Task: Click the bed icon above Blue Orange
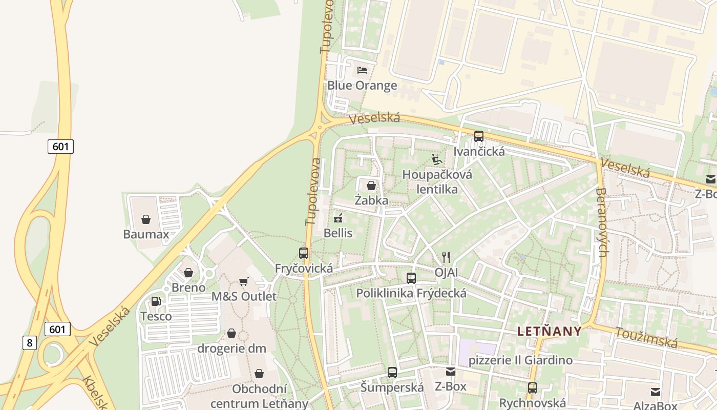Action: pyautogui.click(x=362, y=70)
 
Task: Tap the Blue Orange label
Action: pyautogui.click(x=362, y=85)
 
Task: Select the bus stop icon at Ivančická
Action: pyautogui.click(x=479, y=136)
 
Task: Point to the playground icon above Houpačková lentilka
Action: pyautogui.click(x=436, y=159)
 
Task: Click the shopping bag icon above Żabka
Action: pyautogui.click(x=371, y=185)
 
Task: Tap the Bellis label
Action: pyautogui.click(x=338, y=233)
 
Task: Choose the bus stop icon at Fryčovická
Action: pyautogui.click(x=304, y=253)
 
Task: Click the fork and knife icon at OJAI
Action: pyautogui.click(x=446, y=257)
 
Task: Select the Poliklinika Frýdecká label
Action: pyautogui.click(x=411, y=293)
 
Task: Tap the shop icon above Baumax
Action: pyautogui.click(x=146, y=219)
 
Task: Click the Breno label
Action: pyautogui.click(x=188, y=287)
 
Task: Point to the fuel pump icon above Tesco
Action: pyautogui.click(x=156, y=301)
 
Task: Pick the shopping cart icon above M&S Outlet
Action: pyautogui.click(x=244, y=281)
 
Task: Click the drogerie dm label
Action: pyautogui.click(x=232, y=348)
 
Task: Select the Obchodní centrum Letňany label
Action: pyautogui.click(x=259, y=396)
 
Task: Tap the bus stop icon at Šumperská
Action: pyautogui.click(x=392, y=373)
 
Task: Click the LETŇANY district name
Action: pyautogui.click(x=549, y=331)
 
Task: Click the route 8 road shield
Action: pyautogui.click(x=29, y=342)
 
